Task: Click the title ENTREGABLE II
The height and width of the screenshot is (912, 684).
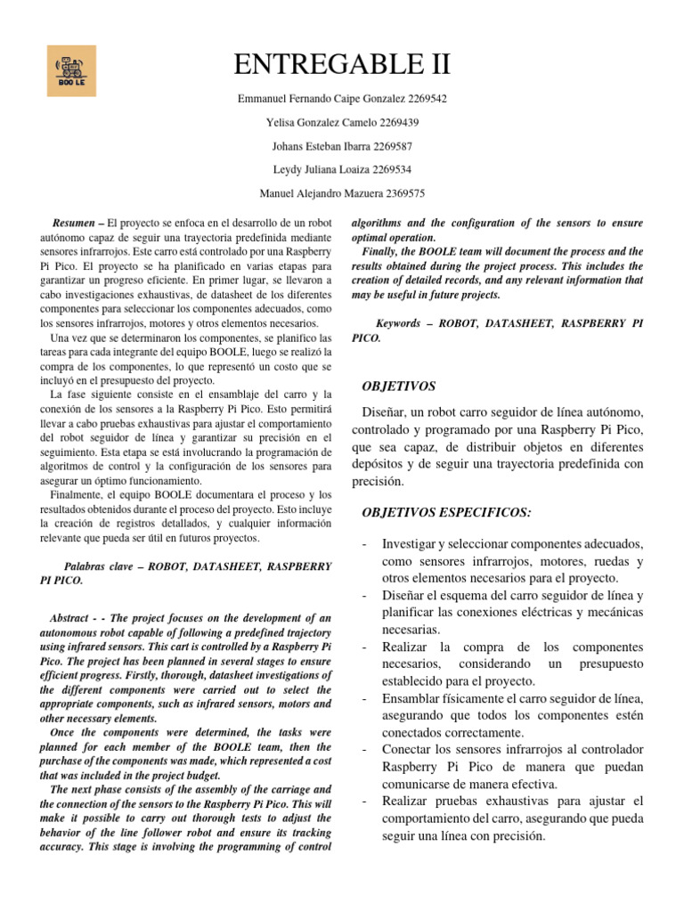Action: pos(342,64)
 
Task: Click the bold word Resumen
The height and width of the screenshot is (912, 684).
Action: pos(73,222)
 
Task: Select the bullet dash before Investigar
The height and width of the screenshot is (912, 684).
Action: pos(365,543)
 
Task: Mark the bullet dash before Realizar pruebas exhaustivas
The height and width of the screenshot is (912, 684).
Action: pos(365,802)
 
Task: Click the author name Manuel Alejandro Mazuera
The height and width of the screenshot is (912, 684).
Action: pos(313,192)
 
